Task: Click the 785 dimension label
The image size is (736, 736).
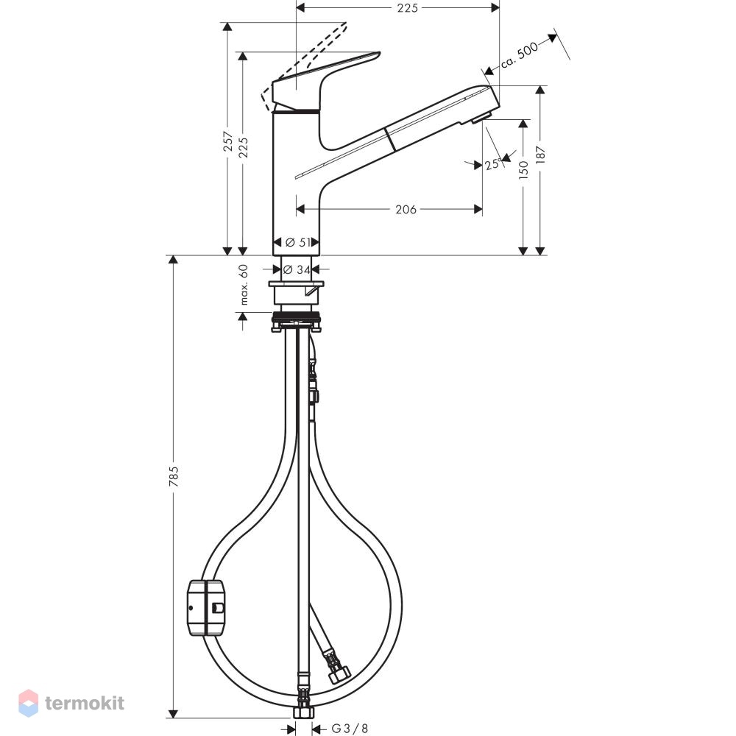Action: pos(174,476)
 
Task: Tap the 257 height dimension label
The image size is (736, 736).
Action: pos(228,141)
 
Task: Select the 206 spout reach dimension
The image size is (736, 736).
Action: pos(406,209)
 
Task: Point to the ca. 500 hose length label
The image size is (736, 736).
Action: pos(519,55)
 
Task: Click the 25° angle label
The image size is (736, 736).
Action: pos(493,164)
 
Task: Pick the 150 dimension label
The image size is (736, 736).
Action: pos(524,170)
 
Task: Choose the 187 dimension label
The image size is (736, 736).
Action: pos(541,155)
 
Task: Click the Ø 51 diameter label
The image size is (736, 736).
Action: pos(298,242)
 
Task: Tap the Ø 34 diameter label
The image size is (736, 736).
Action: pos(296,269)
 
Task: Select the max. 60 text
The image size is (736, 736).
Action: pos(243,285)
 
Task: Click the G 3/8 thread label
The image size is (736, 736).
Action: pos(350,728)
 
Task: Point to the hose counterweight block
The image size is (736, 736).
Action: pos(206,608)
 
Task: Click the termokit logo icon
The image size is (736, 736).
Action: pos(28,703)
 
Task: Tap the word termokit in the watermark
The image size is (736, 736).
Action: pos(85,703)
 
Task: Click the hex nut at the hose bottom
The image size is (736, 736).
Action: pos(303,712)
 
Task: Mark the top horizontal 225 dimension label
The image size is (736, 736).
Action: pos(407,7)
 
